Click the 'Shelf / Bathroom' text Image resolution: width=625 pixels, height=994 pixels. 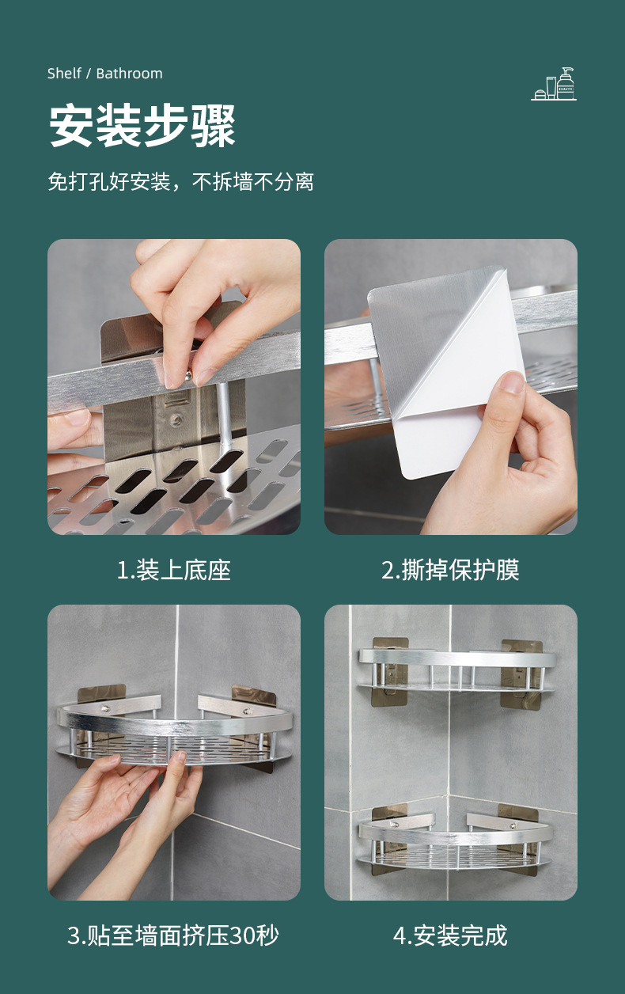coord(104,74)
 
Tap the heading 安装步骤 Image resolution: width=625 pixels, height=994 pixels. coord(142,126)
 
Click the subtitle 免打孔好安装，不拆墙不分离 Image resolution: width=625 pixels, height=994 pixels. coord(180,181)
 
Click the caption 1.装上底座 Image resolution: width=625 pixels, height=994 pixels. coord(173,571)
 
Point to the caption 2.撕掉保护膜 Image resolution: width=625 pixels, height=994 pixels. coord(450,571)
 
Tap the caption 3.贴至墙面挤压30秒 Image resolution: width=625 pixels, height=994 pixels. coord(173,935)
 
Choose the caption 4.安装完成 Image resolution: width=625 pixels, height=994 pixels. coord(450,935)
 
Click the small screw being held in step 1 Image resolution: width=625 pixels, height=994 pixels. coord(188,376)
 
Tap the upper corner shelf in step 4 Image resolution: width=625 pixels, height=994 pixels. coord(457,670)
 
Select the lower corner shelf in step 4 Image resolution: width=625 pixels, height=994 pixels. coord(456,842)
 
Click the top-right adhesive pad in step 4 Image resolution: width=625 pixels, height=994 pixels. coord(522,673)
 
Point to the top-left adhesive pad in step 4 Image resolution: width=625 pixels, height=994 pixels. coord(390,671)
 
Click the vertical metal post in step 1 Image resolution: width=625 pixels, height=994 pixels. coord(222,415)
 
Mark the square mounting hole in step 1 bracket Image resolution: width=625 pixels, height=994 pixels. coord(172,400)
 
